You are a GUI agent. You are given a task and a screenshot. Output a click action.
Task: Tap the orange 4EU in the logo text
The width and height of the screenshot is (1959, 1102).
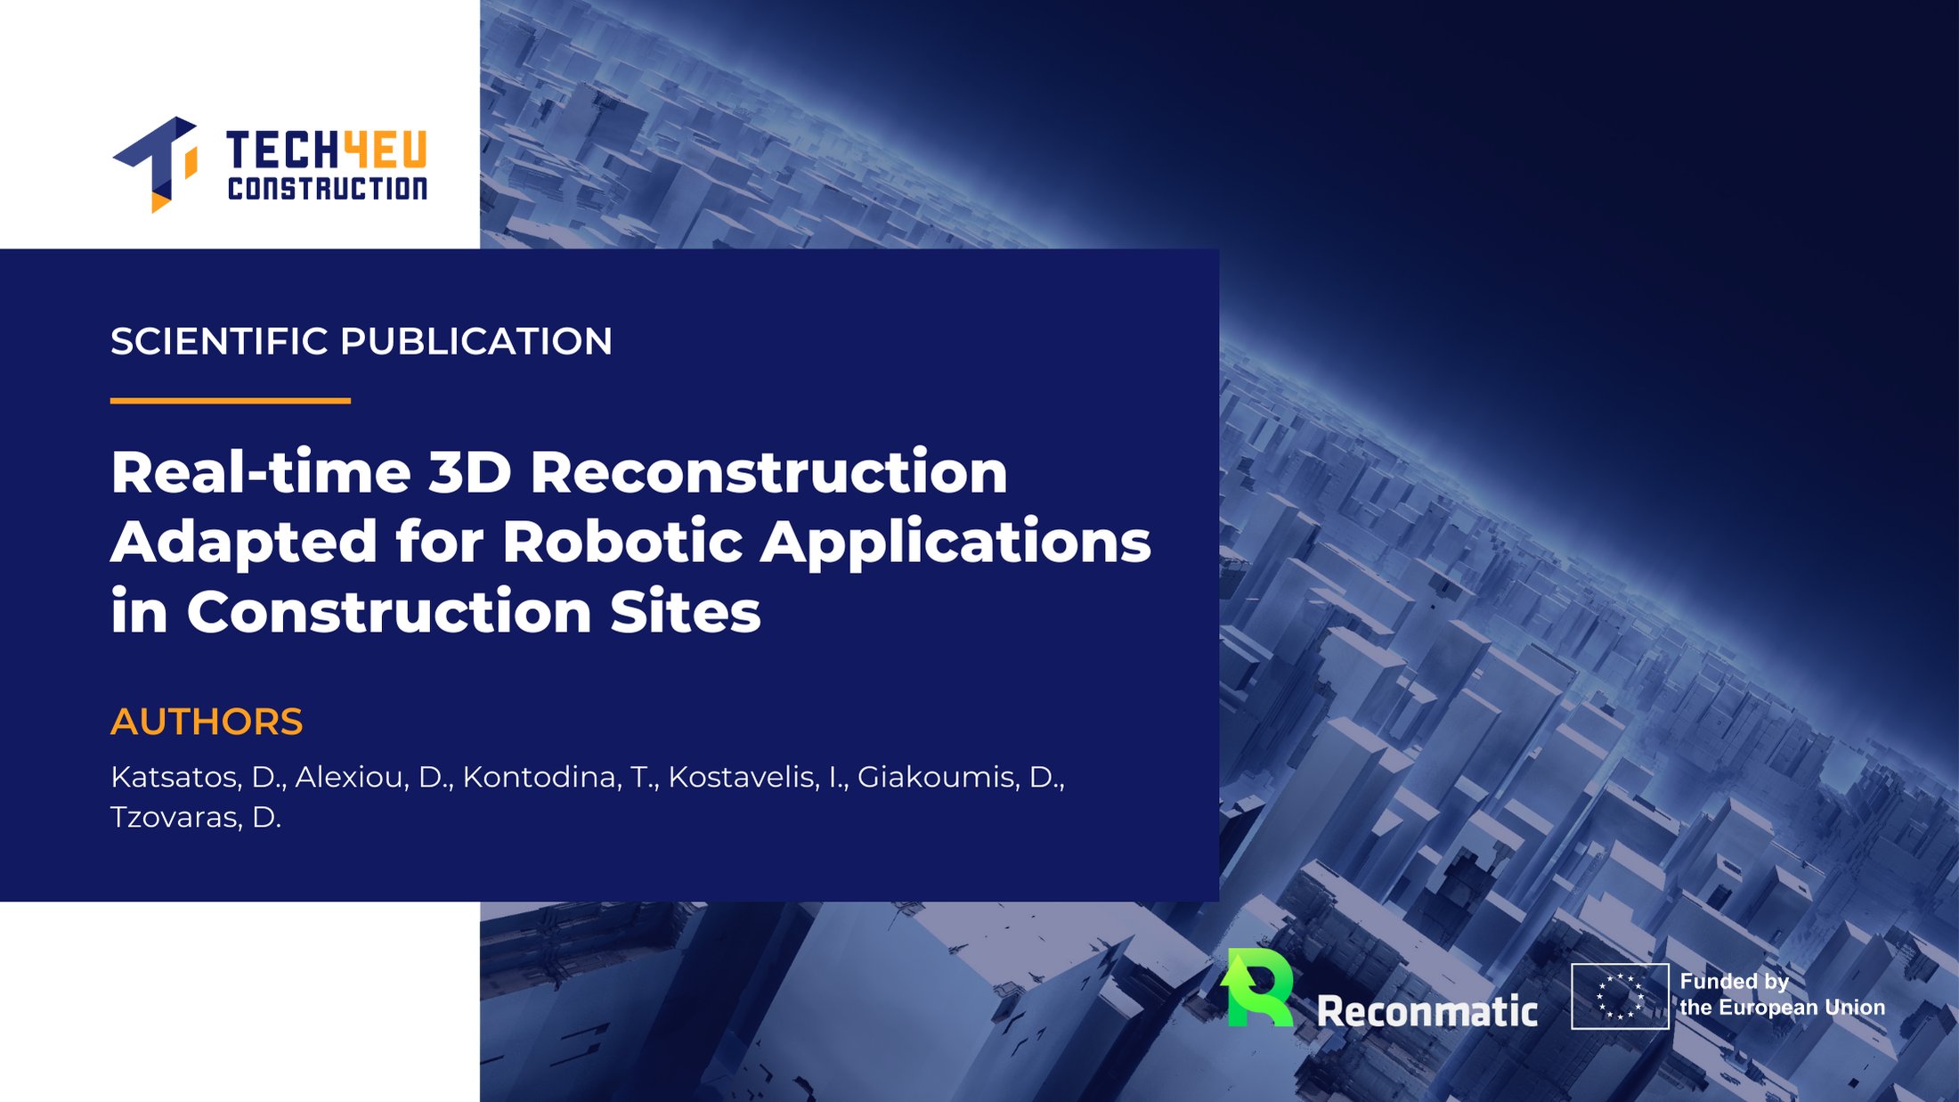point(386,150)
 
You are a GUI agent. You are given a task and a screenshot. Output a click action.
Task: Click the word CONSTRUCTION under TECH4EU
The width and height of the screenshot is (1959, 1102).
point(328,188)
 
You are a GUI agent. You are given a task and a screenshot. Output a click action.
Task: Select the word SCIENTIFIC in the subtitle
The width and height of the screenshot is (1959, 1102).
point(219,341)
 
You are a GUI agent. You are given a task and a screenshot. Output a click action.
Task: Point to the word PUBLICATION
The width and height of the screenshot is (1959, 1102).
point(476,341)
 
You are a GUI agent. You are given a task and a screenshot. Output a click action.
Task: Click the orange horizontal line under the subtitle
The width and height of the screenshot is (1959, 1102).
point(231,401)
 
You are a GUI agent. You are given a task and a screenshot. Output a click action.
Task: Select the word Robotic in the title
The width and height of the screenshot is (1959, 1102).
point(623,541)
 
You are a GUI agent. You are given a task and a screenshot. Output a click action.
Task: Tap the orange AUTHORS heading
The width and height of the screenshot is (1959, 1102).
point(207,722)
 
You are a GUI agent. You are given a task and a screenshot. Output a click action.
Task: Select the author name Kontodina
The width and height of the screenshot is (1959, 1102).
point(542,778)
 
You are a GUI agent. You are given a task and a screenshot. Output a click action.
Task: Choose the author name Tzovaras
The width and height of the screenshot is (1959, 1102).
point(176,818)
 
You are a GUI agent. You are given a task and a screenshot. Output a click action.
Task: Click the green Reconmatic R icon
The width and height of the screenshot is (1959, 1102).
point(1257,987)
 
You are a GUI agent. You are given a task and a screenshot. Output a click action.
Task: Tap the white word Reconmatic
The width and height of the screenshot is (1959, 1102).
point(1427,1011)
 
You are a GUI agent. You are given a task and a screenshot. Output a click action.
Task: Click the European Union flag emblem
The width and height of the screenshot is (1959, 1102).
point(1620,996)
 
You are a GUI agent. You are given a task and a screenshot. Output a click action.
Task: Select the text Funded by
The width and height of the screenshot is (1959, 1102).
point(1735,982)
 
